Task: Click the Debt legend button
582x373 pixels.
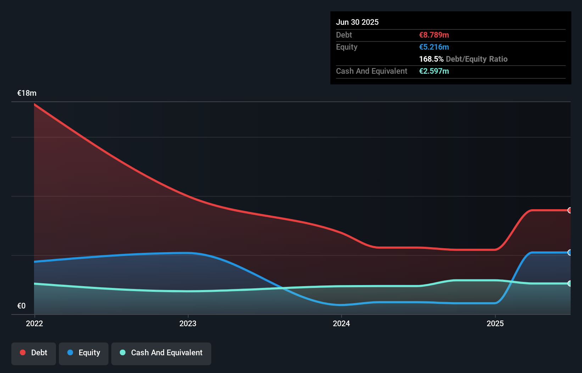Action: tap(34, 353)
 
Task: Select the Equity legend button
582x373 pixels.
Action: tap(84, 353)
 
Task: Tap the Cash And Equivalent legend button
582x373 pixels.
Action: tap(161, 353)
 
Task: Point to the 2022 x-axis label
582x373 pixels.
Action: tap(34, 323)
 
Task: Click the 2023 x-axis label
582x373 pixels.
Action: tap(188, 323)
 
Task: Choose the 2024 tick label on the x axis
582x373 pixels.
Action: tap(341, 323)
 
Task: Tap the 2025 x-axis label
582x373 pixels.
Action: tap(495, 323)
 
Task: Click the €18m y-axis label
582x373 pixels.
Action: tap(27, 93)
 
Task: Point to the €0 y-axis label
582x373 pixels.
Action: tap(21, 306)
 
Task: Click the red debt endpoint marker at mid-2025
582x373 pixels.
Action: tap(570, 210)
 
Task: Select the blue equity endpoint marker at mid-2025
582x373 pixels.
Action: tap(570, 252)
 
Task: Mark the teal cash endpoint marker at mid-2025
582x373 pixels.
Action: tap(570, 283)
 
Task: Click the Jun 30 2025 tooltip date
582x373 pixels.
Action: tap(357, 22)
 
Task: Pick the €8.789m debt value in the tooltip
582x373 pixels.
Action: tap(434, 35)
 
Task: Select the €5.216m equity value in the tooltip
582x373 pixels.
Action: tap(434, 47)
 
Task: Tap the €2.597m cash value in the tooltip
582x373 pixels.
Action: tap(434, 71)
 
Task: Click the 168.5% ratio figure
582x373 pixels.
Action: tap(431, 59)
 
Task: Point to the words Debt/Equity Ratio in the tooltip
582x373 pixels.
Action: tap(477, 59)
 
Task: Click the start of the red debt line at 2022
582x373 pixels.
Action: tap(35, 105)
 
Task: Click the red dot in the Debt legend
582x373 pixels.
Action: tap(23, 352)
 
